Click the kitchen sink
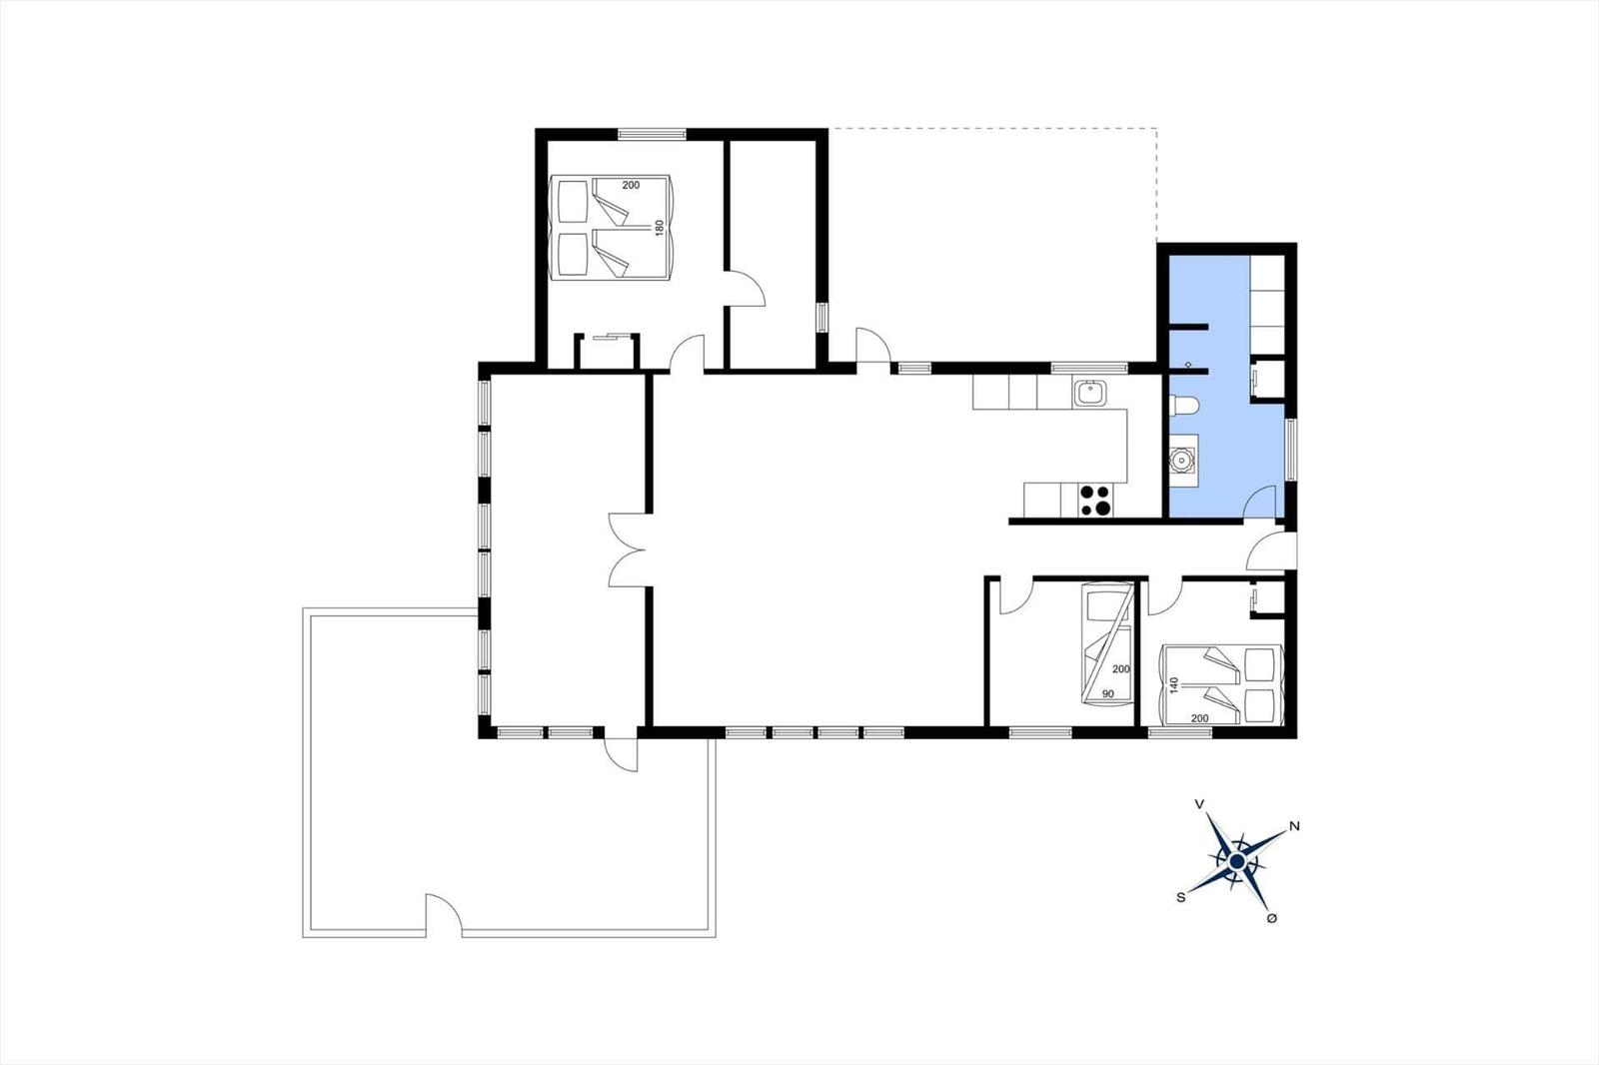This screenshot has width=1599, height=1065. coord(1090,394)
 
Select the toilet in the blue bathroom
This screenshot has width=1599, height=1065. coord(1184,406)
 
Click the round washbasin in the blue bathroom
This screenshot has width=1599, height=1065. coord(1183,460)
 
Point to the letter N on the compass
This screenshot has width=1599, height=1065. coord(1295,826)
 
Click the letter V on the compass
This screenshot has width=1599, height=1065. coord(1200,804)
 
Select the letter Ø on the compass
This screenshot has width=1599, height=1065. coord(1271,919)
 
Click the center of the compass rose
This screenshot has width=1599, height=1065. coord(1238,862)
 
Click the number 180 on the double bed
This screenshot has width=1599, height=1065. coord(660,228)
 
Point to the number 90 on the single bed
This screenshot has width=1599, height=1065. coord(1108,693)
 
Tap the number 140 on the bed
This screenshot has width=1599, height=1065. coord(1173,686)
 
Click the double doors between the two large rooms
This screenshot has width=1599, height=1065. coord(629,549)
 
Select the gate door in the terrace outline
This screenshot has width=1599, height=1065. coord(444,914)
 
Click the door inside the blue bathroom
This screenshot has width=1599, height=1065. coord(1260,502)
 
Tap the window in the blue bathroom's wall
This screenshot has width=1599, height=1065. coord(1290,449)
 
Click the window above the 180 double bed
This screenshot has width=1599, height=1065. coord(652,134)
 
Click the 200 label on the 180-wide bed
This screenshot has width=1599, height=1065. coord(631,185)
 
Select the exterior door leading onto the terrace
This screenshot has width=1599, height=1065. coord(621,754)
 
